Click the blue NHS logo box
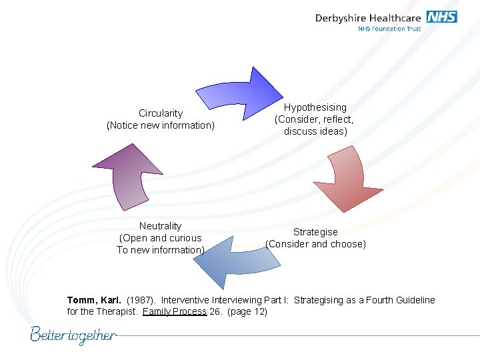tap(441, 17)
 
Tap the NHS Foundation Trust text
tap(389, 29)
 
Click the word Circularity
tap(161, 113)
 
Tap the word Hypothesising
tap(315, 107)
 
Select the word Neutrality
tap(160, 226)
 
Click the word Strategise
tap(315, 232)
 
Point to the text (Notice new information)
tap(161, 125)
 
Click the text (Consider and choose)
tap(315, 244)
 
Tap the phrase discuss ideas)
tap(315, 131)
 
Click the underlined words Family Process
tap(174, 311)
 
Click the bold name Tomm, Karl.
tap(94, 300)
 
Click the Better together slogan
tap(73, 335)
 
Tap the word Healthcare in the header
tap(397, 18)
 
